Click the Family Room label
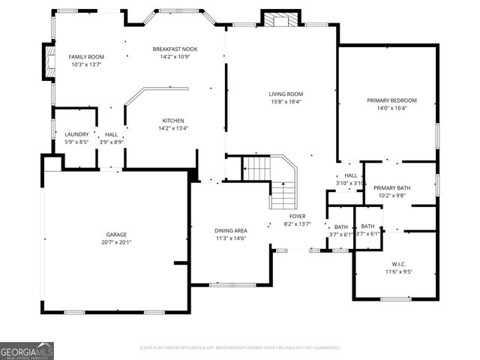[x=86, y=57]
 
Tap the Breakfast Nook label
[x=174, y=49]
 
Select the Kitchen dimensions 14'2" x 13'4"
[x=173, y=128]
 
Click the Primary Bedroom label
[x=391, y=100]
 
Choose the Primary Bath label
[x=391, y=187]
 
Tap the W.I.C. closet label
[x=397, y=263]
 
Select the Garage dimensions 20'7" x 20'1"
[x=116, y=242]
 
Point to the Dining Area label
[x=231, y=230]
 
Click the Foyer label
[x=298, y=216]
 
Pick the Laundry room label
[x=76, y=134]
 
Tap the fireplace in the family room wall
[x=49, y=62]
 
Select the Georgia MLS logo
[x=27, y=350]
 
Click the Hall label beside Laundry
[x=111, y=134]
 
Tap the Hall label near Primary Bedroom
[x=350, y=175]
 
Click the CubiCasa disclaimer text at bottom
[x=240, y=348]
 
